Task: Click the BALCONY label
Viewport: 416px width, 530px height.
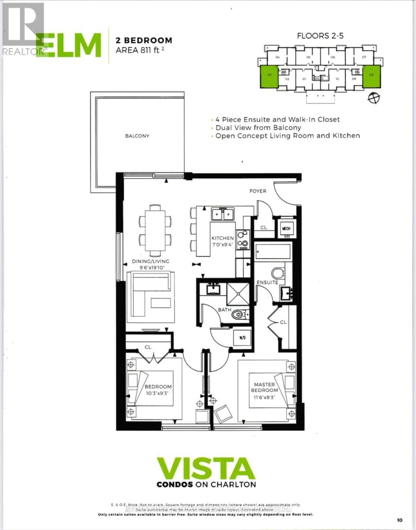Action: (136, 136)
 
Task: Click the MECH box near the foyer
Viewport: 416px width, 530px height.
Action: (285, 229)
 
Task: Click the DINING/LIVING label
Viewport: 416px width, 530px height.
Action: (151, 261)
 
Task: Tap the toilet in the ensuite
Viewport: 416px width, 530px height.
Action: (278, 273)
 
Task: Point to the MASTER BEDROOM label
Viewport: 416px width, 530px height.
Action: (265, 387)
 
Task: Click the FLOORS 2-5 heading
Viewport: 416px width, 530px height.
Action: (321, 37)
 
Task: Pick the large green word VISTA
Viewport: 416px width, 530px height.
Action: (206, 469)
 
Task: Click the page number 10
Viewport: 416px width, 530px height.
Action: (400, 521)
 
